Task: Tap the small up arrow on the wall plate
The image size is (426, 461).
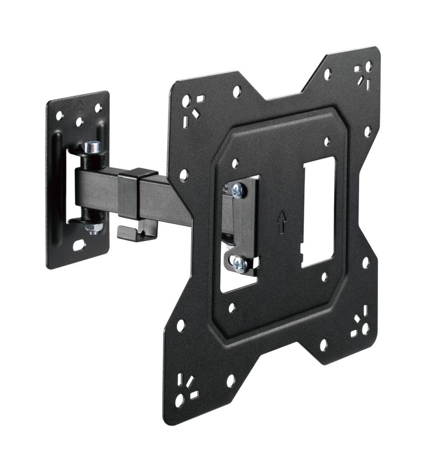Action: coord(81,103)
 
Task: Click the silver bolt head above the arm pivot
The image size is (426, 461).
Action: coord(93,147)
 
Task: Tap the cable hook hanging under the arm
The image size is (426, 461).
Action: coord(136,231)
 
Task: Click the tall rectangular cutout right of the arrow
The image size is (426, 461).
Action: coord(318,212)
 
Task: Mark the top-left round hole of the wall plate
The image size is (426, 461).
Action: coord(59,115)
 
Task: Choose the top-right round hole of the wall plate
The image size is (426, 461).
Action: coord(98,108)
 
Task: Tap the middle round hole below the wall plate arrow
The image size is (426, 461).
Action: coord(79,122)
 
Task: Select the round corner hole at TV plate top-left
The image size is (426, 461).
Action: coord(186,101)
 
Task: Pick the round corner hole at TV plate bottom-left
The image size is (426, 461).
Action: coord(179,400)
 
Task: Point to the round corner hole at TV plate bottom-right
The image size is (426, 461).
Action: coord(365,328)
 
